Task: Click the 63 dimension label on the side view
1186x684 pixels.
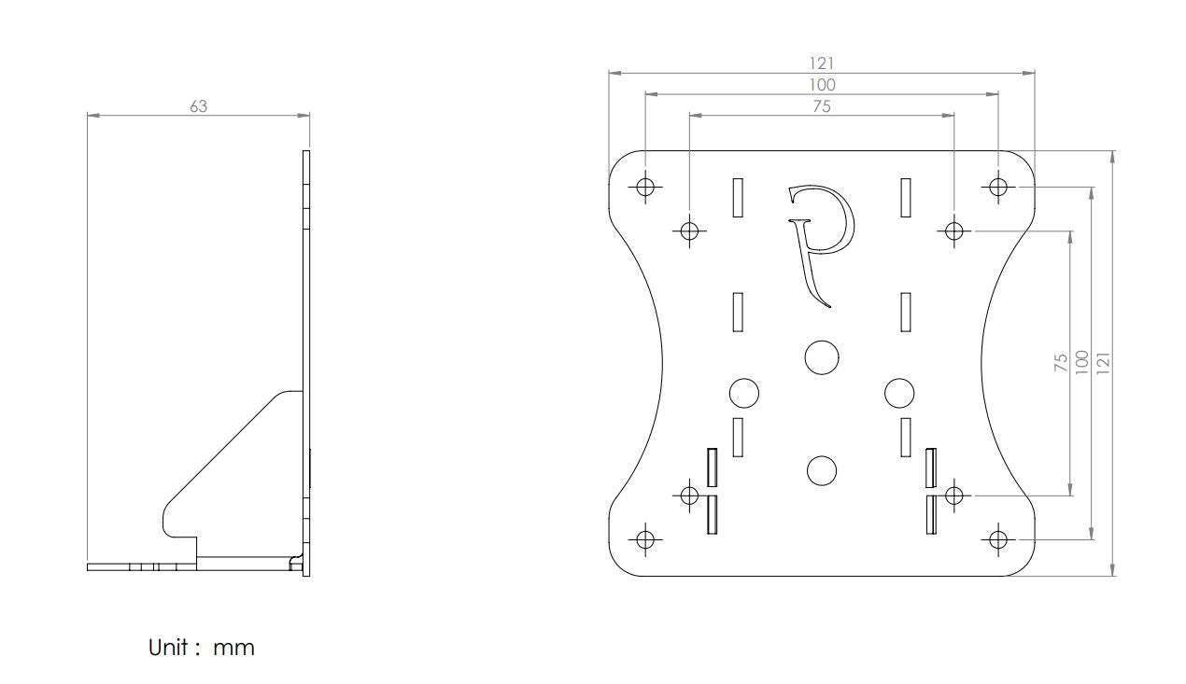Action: [x=198, y=106]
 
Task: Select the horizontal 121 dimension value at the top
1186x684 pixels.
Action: [x=822, y=63]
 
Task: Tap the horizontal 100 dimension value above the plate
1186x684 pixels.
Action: [x=822, y=85]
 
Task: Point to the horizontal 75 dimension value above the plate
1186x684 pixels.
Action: [x=821, y=106]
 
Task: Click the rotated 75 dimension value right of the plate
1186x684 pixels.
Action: [x=1061, y=363]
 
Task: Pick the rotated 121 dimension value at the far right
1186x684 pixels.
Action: [x=1104, y=363]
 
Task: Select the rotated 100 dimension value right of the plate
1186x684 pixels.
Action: [x=1082, y=363]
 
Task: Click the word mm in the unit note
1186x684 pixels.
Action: [x=233, y=648]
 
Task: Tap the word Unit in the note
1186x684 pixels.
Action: [x=170, y=647]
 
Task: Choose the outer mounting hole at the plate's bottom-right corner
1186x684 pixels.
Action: [x=998, y=539]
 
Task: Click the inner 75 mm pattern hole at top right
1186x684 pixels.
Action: [x=953, y=230]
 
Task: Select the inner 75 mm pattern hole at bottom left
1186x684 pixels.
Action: [x=689, y=495]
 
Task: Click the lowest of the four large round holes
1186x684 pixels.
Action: [x=821, y=470]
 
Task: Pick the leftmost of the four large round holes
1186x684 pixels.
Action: [x=743, y=393]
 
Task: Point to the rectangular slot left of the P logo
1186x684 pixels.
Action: [x=738, y=197]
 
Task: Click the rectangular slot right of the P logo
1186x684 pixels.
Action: [x=905, y=197]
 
